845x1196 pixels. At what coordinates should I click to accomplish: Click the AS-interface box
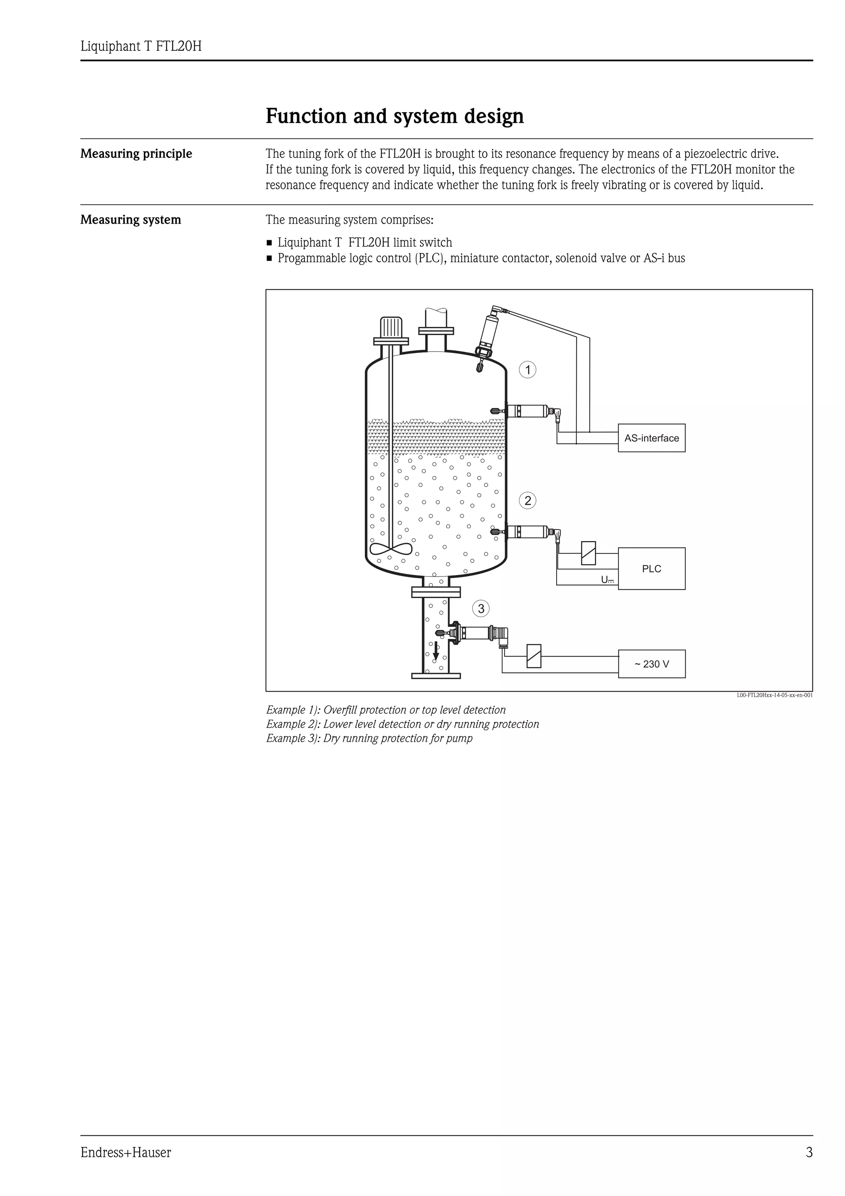(651, 438)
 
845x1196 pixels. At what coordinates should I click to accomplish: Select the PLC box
(651, 569)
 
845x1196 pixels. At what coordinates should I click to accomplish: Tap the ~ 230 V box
(651, 664)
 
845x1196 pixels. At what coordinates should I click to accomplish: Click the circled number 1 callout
(528, 370)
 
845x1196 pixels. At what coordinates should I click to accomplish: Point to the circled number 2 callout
(528, 501)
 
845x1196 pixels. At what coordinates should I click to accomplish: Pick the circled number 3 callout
(481, 608)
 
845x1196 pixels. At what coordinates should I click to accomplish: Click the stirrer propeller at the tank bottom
(390, 549)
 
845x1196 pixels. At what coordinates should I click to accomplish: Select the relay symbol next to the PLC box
(588, 553)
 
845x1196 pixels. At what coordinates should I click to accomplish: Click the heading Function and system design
(394, 116)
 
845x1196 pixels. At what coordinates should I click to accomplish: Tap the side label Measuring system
(131, 220)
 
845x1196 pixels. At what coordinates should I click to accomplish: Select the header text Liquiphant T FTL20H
(141, 47)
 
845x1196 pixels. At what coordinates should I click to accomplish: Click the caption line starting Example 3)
(369, 738)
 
